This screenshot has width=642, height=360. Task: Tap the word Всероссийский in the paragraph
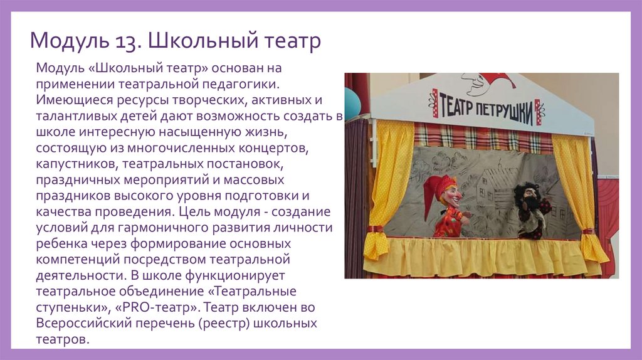(80, 324)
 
